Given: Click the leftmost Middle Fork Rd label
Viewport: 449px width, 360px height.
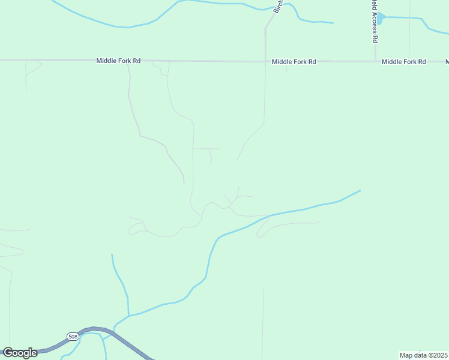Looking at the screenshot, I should point(118,61).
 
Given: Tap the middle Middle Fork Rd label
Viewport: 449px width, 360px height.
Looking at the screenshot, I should point(294,62).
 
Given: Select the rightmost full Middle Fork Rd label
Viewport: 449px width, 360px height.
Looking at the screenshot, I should point(403,62).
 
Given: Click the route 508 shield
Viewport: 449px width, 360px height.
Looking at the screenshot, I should point(72,336).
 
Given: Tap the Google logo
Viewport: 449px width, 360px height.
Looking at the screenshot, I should point(20,353).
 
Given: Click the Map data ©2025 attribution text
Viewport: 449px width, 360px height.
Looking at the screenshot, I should point(424,355).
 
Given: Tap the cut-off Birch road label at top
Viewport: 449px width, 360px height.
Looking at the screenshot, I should point(277,7).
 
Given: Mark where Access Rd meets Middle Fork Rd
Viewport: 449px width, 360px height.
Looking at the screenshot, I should point(375,61).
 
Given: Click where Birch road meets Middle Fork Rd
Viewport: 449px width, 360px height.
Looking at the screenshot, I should point(265,61).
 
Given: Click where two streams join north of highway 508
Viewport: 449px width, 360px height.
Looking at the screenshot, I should point(128,314).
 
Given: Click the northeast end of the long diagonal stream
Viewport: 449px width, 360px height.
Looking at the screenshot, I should point(360,191).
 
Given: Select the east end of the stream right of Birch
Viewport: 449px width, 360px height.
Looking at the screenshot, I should point(333,23).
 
